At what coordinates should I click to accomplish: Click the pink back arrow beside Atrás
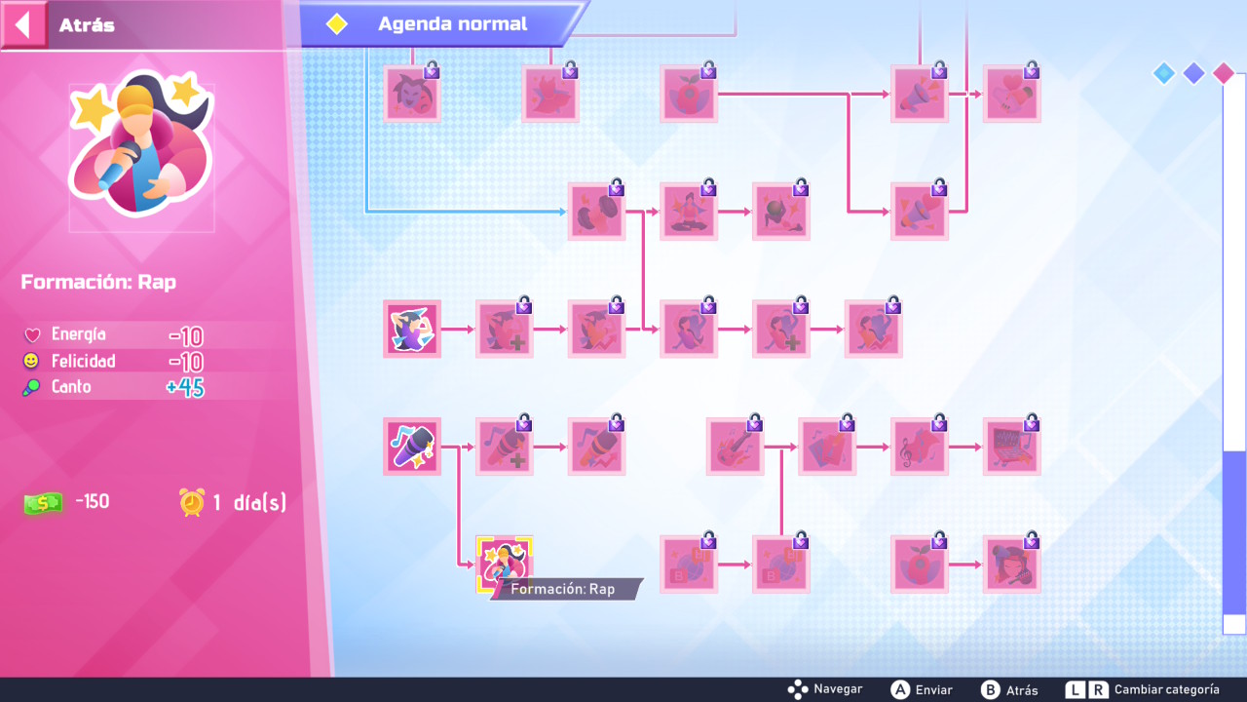23,25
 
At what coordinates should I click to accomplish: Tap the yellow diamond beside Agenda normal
337,24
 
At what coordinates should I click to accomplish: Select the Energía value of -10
186,336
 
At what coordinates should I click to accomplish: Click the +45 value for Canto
185,388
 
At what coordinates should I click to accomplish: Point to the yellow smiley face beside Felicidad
31,361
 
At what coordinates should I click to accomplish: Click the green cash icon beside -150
43,503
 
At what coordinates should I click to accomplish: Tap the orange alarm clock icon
192,502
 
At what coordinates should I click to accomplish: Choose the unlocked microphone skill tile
412,447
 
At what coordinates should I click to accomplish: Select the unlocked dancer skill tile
412,329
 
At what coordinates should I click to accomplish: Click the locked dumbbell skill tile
596,212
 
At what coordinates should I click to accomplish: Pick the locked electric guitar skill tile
735,447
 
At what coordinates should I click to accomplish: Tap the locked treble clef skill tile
919,447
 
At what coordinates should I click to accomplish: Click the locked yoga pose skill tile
689,212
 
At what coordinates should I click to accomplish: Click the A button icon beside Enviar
899,689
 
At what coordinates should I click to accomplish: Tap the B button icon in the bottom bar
990,689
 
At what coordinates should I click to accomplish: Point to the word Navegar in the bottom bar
838,689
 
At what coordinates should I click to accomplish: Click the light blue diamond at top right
1163,73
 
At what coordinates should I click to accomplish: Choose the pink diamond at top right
1224,73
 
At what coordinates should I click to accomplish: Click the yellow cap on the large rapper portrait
135,100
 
